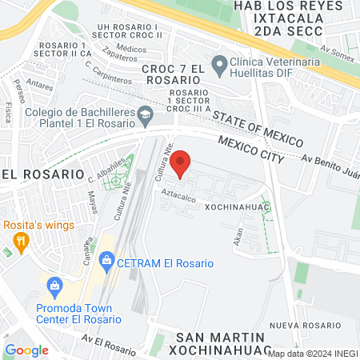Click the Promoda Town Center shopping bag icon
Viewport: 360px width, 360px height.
[54, 285]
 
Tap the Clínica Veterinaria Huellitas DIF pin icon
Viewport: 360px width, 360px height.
[218, 62]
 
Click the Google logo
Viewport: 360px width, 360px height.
[26, 350]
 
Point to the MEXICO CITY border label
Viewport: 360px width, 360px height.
[251, 149]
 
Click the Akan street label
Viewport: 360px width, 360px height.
[238, 236]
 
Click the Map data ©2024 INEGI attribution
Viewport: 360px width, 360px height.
[313, 353]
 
